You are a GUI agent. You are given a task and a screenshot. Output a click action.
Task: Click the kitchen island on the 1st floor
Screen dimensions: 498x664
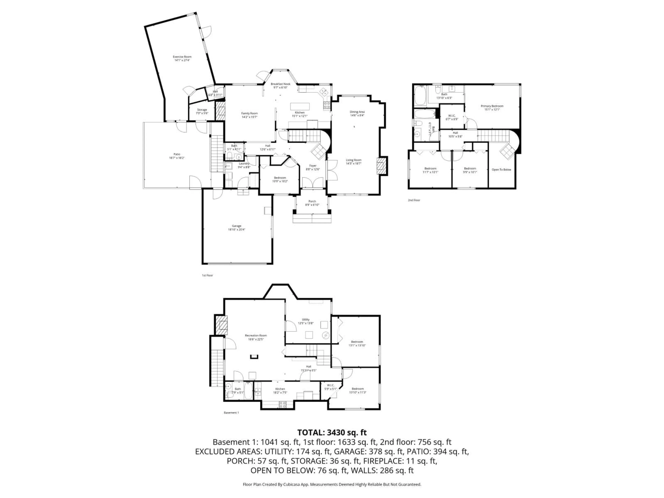(300, 107)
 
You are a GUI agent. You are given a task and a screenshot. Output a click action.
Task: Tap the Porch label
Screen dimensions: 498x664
(312, 201)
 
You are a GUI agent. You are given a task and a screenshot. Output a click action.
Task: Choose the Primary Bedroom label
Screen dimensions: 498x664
(492, 106)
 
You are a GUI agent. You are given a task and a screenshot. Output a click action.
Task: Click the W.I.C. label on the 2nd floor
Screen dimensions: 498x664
(452, 116)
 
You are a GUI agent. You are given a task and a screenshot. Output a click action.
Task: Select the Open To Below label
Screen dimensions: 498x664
(501, 170)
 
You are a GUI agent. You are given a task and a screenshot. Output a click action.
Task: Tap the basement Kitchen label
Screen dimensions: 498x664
(280, 389)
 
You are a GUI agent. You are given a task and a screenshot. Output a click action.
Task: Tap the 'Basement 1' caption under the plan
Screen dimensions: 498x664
(231, 413)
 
